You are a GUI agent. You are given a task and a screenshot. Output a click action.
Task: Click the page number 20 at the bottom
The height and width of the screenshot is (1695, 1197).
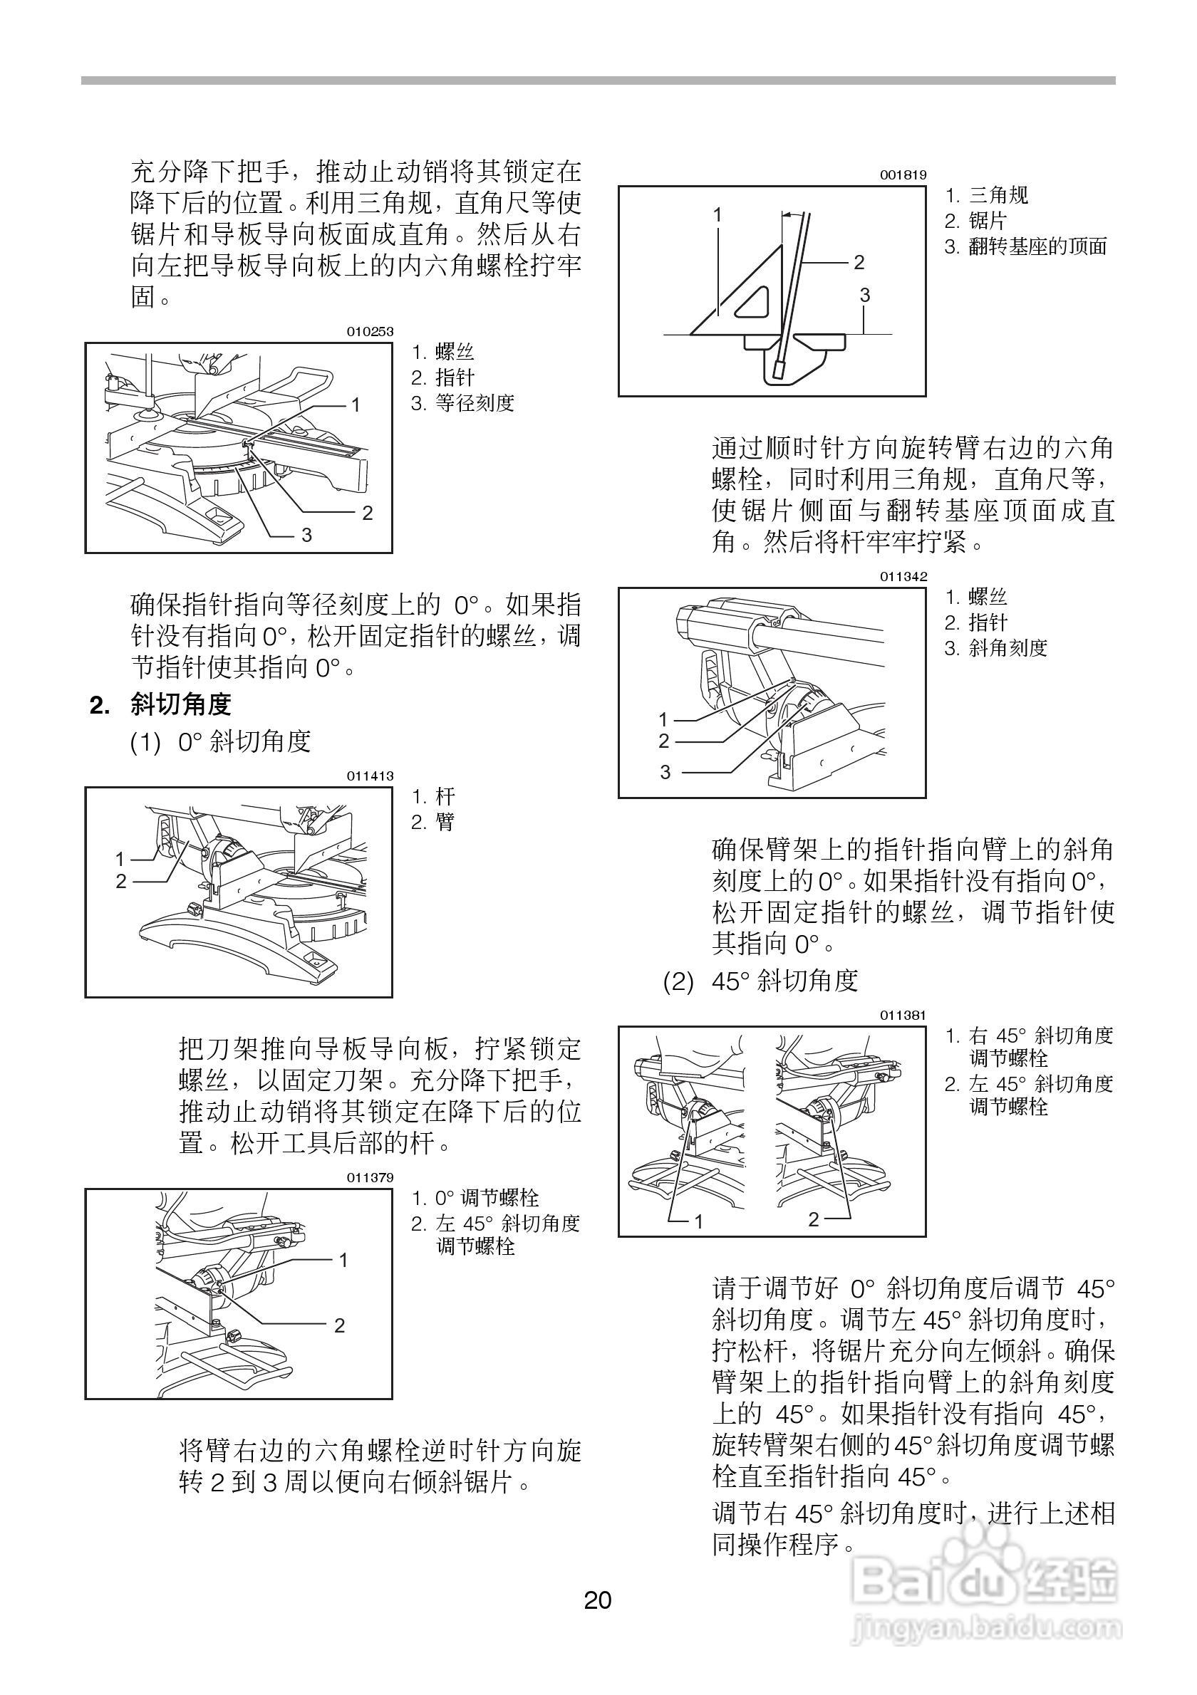597,1600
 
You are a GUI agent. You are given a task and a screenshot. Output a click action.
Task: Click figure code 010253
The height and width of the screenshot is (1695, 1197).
370,332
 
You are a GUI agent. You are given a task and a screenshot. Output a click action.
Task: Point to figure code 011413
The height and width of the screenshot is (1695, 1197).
370,776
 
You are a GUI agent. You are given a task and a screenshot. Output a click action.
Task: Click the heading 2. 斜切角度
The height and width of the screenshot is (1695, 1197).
160,705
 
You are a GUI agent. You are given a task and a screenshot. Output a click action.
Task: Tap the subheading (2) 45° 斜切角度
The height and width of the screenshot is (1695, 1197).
760,981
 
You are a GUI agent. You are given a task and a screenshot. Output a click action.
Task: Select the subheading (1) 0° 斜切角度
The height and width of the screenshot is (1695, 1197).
221,741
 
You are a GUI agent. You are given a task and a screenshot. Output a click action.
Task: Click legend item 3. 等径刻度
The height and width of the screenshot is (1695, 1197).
462,403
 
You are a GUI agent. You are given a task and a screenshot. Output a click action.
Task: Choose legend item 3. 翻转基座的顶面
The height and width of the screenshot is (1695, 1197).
1026,246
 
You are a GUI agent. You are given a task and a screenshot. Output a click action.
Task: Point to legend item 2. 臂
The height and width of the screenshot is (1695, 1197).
432,822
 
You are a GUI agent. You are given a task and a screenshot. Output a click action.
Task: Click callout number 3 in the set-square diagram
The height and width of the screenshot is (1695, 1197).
865,296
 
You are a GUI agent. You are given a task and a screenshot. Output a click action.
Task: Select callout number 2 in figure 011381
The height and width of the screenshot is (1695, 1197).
813,1219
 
